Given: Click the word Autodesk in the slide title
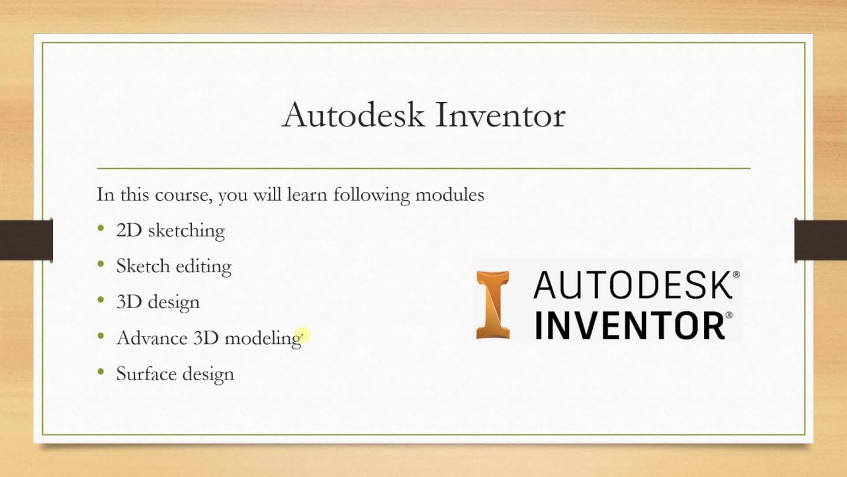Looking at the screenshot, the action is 353,115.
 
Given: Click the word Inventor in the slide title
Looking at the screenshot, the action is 500,115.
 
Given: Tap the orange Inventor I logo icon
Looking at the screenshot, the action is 493,305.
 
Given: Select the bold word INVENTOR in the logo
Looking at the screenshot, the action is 629,326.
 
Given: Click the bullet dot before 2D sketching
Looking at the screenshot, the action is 101,228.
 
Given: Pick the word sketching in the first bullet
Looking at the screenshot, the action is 187,231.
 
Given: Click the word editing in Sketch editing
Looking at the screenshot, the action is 203,266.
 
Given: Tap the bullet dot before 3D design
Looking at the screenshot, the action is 101,300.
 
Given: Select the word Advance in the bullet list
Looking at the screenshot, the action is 152,338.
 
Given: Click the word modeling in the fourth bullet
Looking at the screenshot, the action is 263,338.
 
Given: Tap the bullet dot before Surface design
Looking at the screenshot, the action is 101,372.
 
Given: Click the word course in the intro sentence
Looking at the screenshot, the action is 183,195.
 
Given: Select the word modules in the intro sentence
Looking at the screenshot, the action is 449,195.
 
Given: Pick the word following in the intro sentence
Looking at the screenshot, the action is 371,195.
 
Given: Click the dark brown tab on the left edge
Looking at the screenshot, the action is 26,240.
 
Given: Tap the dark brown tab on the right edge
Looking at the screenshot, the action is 821,240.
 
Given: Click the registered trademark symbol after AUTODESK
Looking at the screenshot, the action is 736,274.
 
